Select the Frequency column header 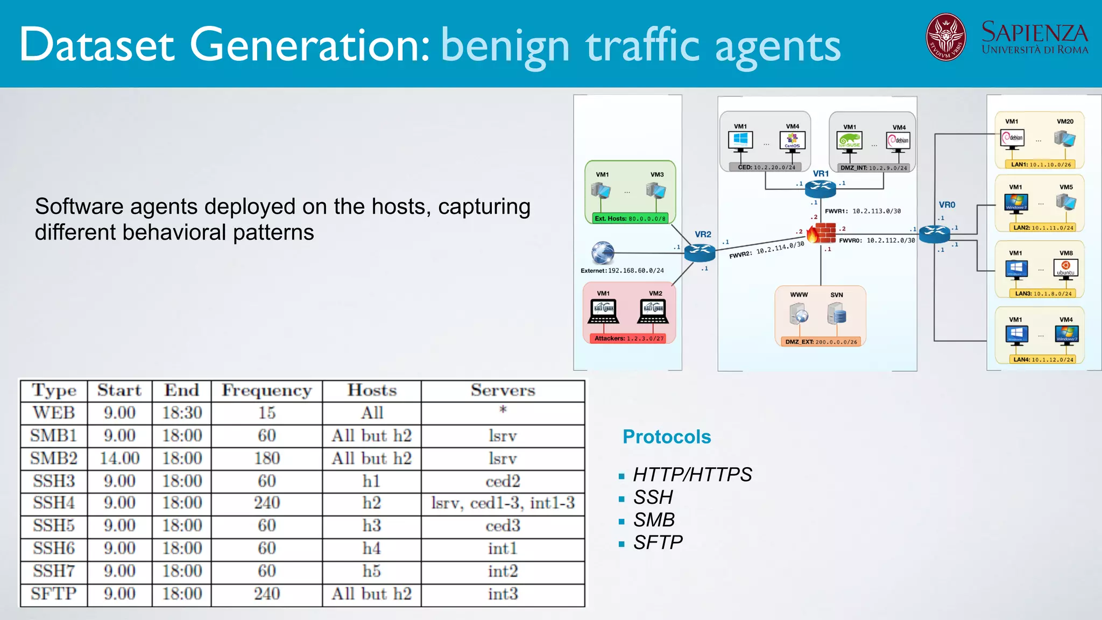[266, 391]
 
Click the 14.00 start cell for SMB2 [119, 459]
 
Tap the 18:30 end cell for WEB [182, 413]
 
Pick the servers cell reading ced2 [503, 481]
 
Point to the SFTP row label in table [53, 594]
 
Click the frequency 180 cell [266, 459]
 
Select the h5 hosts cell [371, 571]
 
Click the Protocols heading [666, 437]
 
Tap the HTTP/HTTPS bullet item [692, 475]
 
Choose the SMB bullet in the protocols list [654, 520]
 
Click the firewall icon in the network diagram [821, 234]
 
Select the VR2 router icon [700, 251]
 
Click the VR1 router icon [820, 188]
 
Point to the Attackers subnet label [629, 339]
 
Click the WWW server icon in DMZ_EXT [799, 314]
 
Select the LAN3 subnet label [1043, 294]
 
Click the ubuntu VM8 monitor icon [1065, 268]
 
